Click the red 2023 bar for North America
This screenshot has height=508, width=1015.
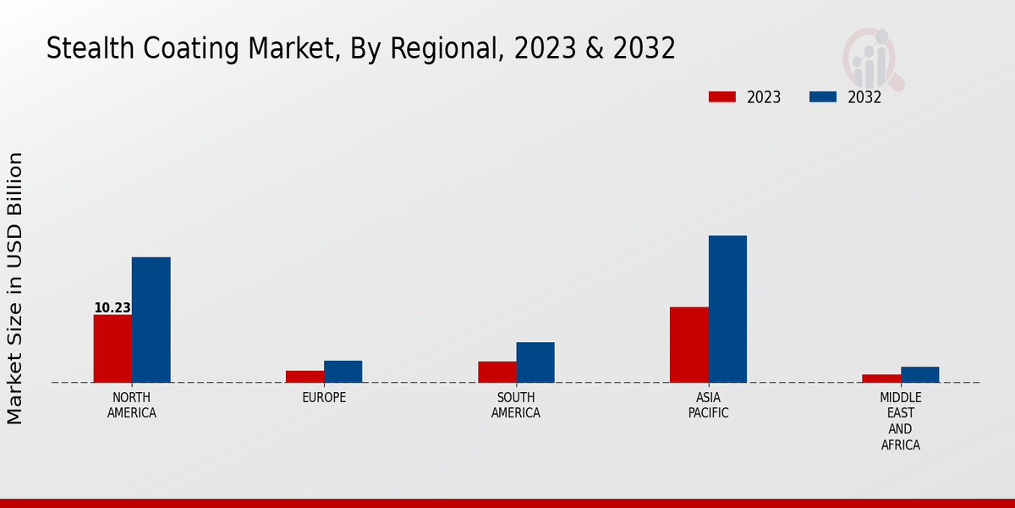pos(112,349)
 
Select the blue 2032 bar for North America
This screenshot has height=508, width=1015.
pos(151,320)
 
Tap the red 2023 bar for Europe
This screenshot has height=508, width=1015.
pos(304,377)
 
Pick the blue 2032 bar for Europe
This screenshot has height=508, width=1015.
pos(343,372)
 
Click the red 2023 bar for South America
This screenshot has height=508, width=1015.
pos(497,372)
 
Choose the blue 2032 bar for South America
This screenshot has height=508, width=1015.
pos(535,362)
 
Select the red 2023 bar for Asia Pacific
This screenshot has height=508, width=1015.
pos(689,345)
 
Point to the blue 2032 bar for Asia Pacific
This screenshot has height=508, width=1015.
pos(727,309)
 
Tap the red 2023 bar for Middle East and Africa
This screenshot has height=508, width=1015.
pos(881,378)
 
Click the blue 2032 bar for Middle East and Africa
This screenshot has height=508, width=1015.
pos(919,374)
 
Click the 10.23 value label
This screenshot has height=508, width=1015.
pos(112,308)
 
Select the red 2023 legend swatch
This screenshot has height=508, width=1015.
pos(721,97)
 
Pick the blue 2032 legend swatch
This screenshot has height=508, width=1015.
pos(822,97)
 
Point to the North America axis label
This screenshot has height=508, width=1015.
pos(131,406)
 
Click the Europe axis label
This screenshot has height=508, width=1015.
pos(324,398)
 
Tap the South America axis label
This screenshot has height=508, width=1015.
pos(516,406)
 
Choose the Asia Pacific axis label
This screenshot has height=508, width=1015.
pos(708,406)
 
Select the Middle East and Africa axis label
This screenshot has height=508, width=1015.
pos(900,421)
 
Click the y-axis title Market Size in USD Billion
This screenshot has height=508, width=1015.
pos(15,288)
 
